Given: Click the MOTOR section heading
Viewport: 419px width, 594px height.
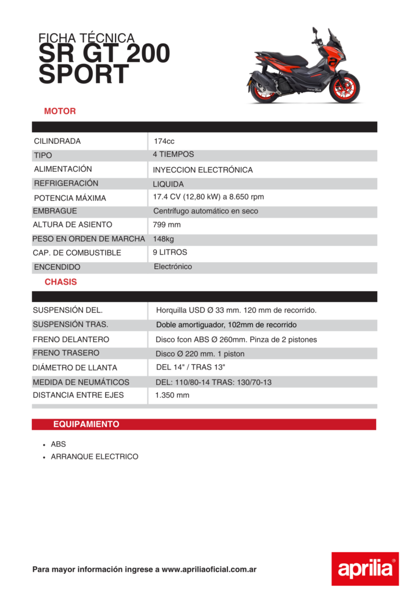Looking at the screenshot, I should tap(60, 111).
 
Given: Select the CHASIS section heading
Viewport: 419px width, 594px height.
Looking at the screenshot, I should tap(60, 282).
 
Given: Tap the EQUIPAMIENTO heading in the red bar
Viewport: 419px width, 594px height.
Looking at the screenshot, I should tap(86, 425).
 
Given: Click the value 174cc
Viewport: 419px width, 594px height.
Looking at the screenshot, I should tap(164, 142).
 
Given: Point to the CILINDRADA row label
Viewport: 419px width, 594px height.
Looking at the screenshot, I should tap(57, 141).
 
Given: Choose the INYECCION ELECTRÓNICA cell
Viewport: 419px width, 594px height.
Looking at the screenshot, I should tap(203, 170).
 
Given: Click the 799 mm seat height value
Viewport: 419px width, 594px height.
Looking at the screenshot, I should tap(167, 225).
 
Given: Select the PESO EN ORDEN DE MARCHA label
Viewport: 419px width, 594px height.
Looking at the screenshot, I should tap(88, 239).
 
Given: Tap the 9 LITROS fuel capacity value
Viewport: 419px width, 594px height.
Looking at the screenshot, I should tap(170, 253).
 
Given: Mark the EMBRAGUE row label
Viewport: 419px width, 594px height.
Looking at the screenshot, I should tap(55, 211).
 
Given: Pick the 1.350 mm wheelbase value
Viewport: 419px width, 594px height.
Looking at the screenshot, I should tap(172, 396).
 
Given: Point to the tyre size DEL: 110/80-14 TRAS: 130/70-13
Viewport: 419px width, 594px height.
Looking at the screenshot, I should tap(214, 382).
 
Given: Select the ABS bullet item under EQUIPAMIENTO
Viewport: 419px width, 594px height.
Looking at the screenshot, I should tap(59, 444).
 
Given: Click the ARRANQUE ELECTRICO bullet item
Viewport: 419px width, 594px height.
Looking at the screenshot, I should tap(95, 457).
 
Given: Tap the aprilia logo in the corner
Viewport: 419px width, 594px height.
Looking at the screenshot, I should tap(365, 568).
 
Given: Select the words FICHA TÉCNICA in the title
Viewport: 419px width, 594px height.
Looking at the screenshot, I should tap(86, 38).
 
